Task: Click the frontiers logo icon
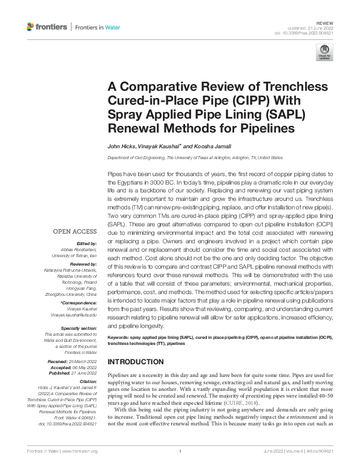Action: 31,27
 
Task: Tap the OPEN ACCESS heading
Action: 75,231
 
